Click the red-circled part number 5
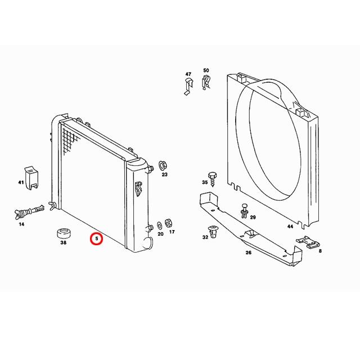[x=97, y=238]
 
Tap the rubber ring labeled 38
[x=64, y=233]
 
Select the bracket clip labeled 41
[x=31, y=178]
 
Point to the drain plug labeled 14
[x=29, y=211]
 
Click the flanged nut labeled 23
[x=163, y=165]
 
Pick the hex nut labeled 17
[x=169, y=223]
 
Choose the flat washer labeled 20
[x=159, y=225]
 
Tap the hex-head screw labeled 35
[x=213, y=179]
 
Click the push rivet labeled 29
[x=244, y=210]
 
